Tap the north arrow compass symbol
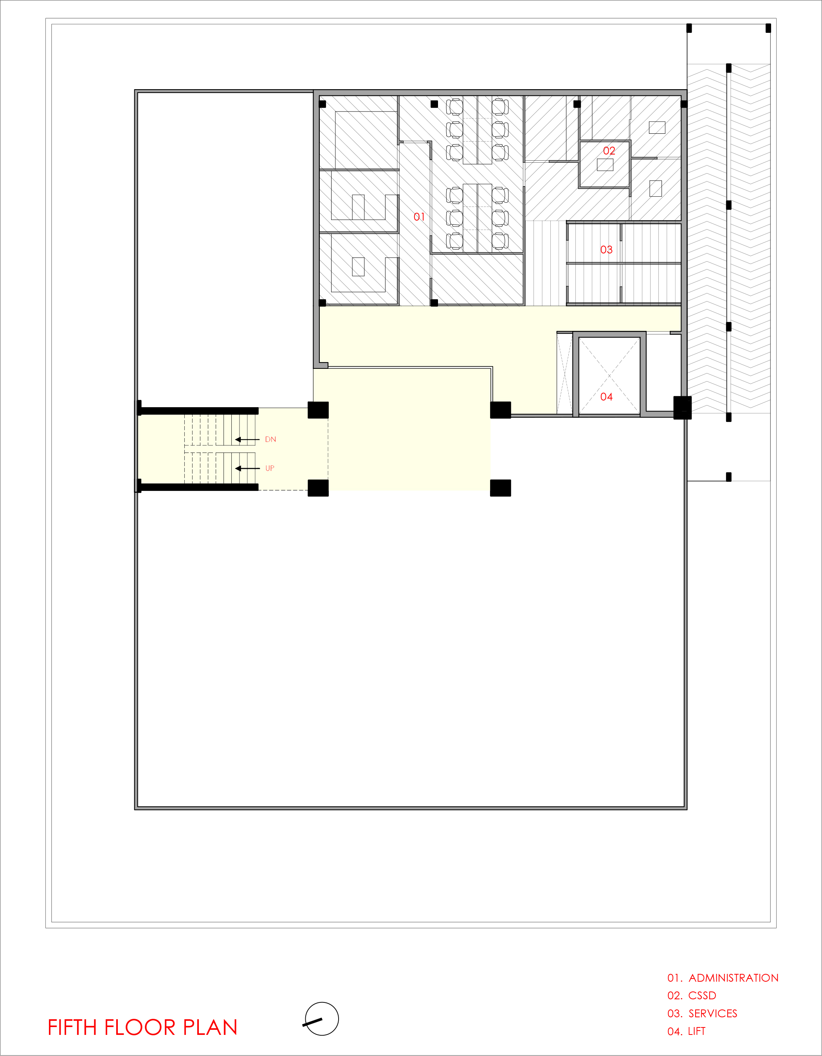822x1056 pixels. click(x=321, y=1019)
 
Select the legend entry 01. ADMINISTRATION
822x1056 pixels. click(x=723, y=978)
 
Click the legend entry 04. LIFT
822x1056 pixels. click(x=687, y=1031)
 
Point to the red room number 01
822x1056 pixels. click(x=419, y=217)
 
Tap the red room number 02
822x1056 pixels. click(x=609, y=151)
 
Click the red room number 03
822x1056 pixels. click(x=606, y=250)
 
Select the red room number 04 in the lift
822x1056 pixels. click(x=606, y=397)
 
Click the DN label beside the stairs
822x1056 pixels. click(x=270, y=440)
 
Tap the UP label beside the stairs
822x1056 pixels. click(x=270, y=468)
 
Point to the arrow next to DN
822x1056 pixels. click(x=247, y=440)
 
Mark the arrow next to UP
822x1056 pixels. click(x=247, y=468)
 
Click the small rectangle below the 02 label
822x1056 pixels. click(x=605, y=165)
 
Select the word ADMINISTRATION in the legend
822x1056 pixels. click(x=734, y=978)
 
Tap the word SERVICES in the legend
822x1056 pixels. click(x=713, y=1013)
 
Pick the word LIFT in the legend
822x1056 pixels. click(x=697, y=1031)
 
